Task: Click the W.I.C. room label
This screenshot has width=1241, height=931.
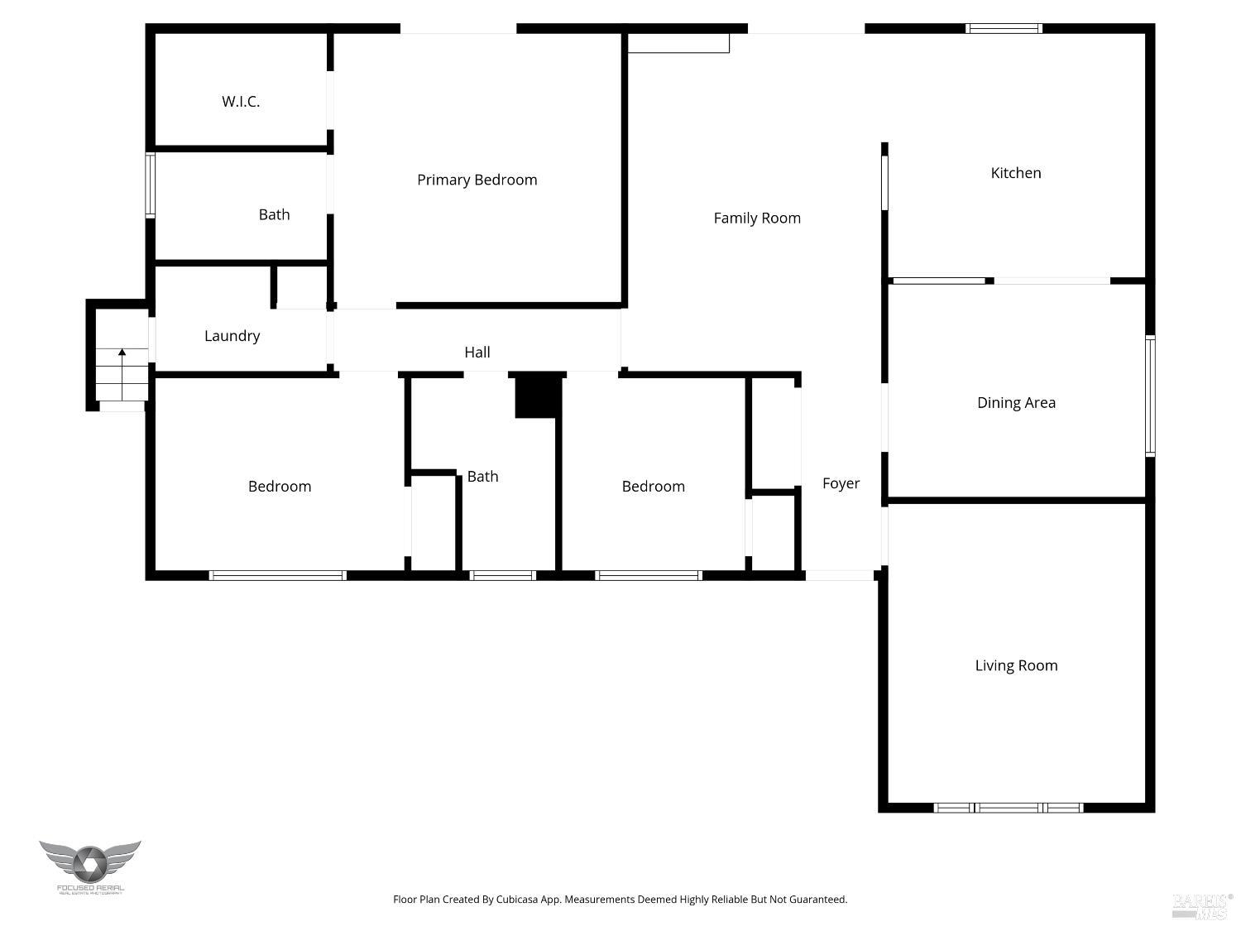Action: pos(241,102)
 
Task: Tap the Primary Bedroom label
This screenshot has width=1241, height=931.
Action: pos(477,180)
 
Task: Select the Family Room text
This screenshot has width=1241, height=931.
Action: pos(757,218)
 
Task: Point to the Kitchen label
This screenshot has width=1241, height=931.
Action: pos(1015,173)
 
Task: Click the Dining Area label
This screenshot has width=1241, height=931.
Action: pos(1016,403)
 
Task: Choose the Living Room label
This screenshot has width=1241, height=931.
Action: pos(1016,665)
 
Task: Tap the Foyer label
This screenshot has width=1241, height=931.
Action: pos(841,483)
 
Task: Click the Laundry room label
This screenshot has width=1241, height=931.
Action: pos(232,336)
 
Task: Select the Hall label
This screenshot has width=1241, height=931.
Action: pos(477,353)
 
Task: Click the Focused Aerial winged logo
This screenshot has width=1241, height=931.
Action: pos(90,864)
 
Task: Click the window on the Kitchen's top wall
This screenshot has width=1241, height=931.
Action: pos(1004,28)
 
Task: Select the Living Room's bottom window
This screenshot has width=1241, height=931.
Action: pos(1009,808)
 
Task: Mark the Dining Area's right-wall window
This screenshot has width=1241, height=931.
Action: pos(1150,396)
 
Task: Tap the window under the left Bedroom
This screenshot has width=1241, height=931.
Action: pos(277,575)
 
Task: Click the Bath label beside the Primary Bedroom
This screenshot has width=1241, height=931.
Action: pos(274,215)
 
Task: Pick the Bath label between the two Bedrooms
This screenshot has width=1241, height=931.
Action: pos(482,477)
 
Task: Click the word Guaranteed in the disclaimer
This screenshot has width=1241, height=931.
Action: pos(817,900)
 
